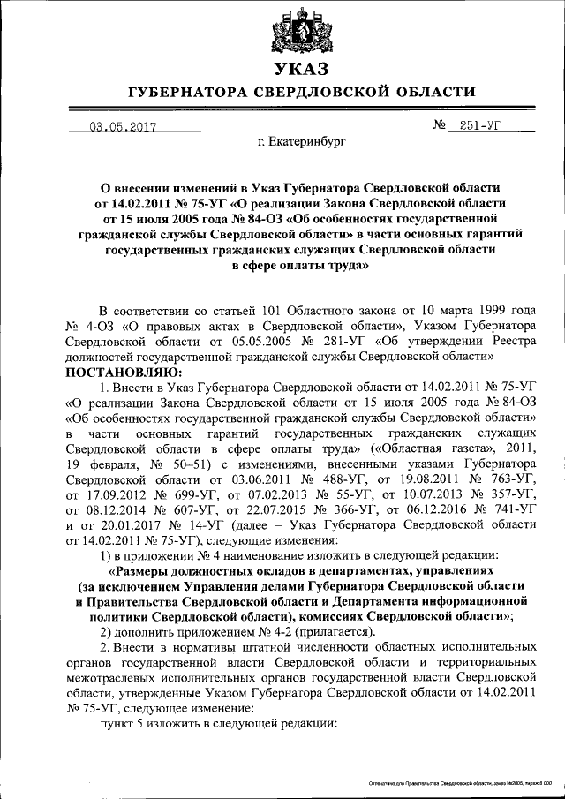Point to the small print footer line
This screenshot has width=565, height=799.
click(460, 782)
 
